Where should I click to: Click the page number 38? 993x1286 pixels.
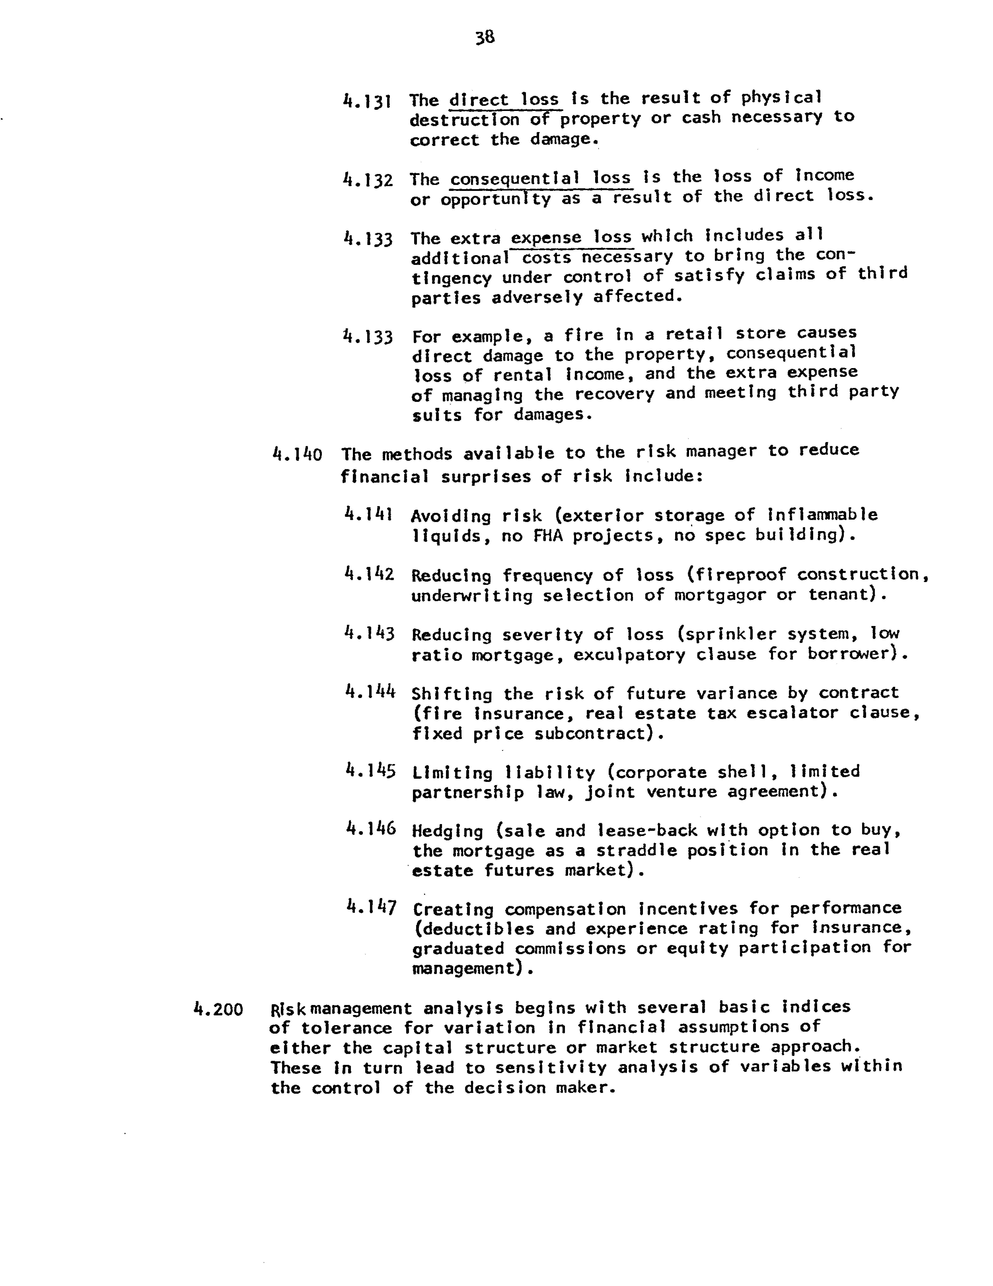485,38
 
